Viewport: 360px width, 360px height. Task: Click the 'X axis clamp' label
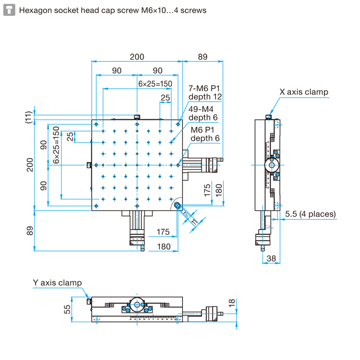[304, 92]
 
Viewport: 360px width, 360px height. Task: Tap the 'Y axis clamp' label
[57, 283]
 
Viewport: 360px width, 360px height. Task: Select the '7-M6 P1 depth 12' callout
[204, 93]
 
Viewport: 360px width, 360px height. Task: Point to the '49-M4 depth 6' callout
[204, 113]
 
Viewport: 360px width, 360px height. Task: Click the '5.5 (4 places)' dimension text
[310, 214]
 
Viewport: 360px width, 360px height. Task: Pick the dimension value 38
[271, 258]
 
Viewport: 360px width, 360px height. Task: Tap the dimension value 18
[232, 303]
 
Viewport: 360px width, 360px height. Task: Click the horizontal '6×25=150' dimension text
[155, 84]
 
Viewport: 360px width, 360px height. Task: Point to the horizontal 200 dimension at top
[137, 57]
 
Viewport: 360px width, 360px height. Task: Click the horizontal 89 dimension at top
[202, 57]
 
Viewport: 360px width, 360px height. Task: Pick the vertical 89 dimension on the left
[30, 231]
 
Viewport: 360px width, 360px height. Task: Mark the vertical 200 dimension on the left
[30, 165]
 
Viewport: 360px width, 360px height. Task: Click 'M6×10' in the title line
[154, 10]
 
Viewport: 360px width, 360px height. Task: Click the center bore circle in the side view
[272, 165]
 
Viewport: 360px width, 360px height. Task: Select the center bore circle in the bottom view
[137, 304]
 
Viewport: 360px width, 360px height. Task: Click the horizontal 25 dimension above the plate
[165, 97]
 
